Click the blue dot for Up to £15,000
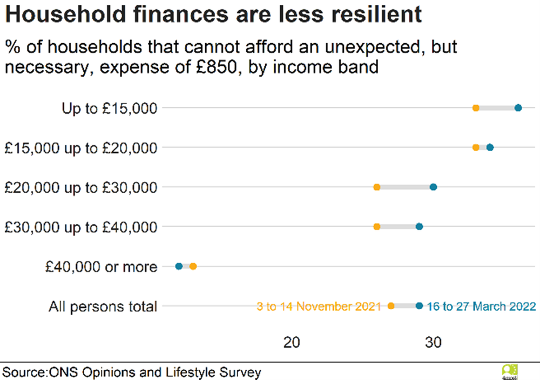click(518, 108)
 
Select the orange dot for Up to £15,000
click(476, 108)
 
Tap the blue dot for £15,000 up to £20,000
click(490, 147)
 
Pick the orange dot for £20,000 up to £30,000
click(377, 187)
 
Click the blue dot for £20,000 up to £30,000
click(433, 187)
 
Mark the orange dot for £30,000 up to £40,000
click(377, 227)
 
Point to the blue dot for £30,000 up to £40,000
click(419, 227)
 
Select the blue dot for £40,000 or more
click(179, 266)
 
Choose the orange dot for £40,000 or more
click(193, 266)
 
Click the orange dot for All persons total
click(391, 306)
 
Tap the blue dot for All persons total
click(419, 306)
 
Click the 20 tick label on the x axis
click(292, 342)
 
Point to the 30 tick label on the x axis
click(433, 342)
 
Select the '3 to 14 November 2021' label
click(320, 307)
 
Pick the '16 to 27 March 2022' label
click(481, 307)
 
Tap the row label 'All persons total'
click(103, 307)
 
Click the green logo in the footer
click(510, 371)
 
